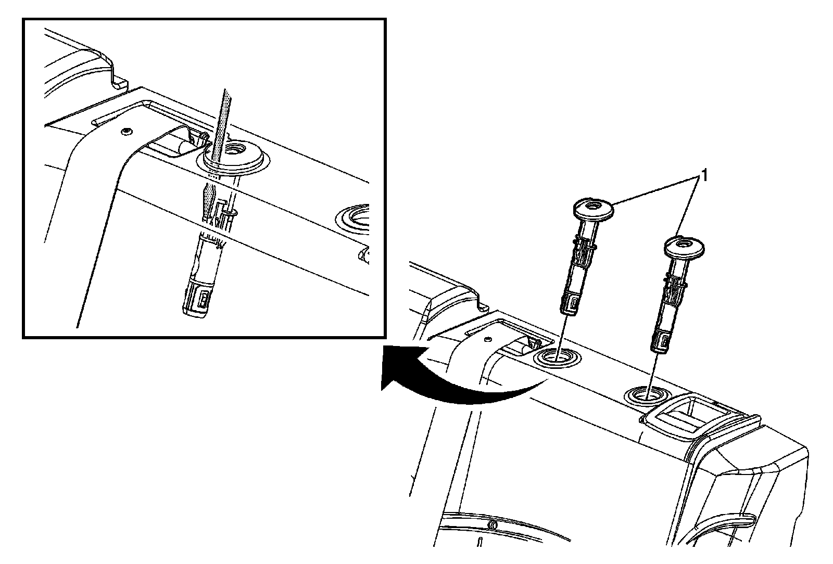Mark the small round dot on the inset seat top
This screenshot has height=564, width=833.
click(x=125, y=131)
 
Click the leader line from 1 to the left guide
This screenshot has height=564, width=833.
click(x=656, y=188)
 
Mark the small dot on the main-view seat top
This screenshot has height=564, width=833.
click(x=487, y=339)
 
